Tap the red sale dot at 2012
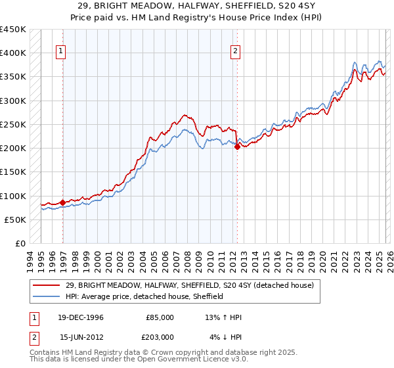(237, 147)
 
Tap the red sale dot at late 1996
(62, 202)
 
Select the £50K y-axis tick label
(15, 219)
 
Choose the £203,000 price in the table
(160, 336)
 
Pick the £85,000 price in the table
(160, 317)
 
